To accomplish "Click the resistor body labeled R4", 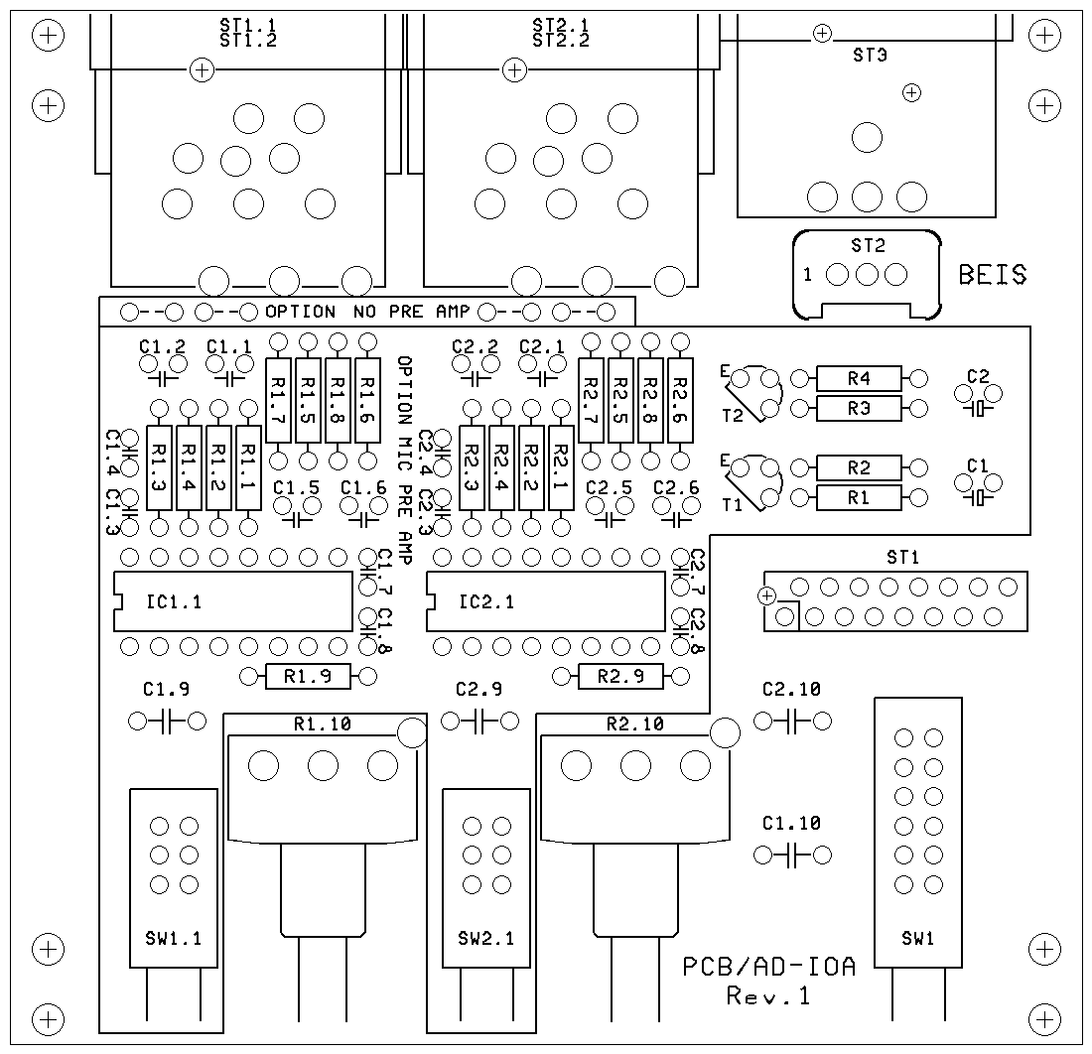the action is click(859, 379).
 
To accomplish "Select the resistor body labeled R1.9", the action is click(308, 676).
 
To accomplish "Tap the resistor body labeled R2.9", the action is click(620, 676).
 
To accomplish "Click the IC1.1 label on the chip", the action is click(174, 601).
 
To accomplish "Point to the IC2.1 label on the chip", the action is click(486, 601).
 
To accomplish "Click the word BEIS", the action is click(993, 275).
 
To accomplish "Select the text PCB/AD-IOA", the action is click(768, 967).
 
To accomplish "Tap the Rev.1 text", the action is click(768, 996).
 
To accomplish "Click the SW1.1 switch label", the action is click(174, 939).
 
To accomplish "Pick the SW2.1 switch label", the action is click(486, 939).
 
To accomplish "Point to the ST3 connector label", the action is click(870, 55).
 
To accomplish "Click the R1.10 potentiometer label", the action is click(323, 725).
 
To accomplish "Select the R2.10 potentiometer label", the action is click(635, 725).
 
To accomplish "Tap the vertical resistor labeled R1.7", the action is click(278, 400).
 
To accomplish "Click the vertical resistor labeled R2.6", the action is click(680, 400).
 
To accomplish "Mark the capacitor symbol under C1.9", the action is click(167, 722).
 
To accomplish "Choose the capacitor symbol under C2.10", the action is click(792, 722).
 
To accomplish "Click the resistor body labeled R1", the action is click(859, 498).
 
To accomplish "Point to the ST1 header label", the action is click(902, 557).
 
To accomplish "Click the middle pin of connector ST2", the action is click(867, 275).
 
